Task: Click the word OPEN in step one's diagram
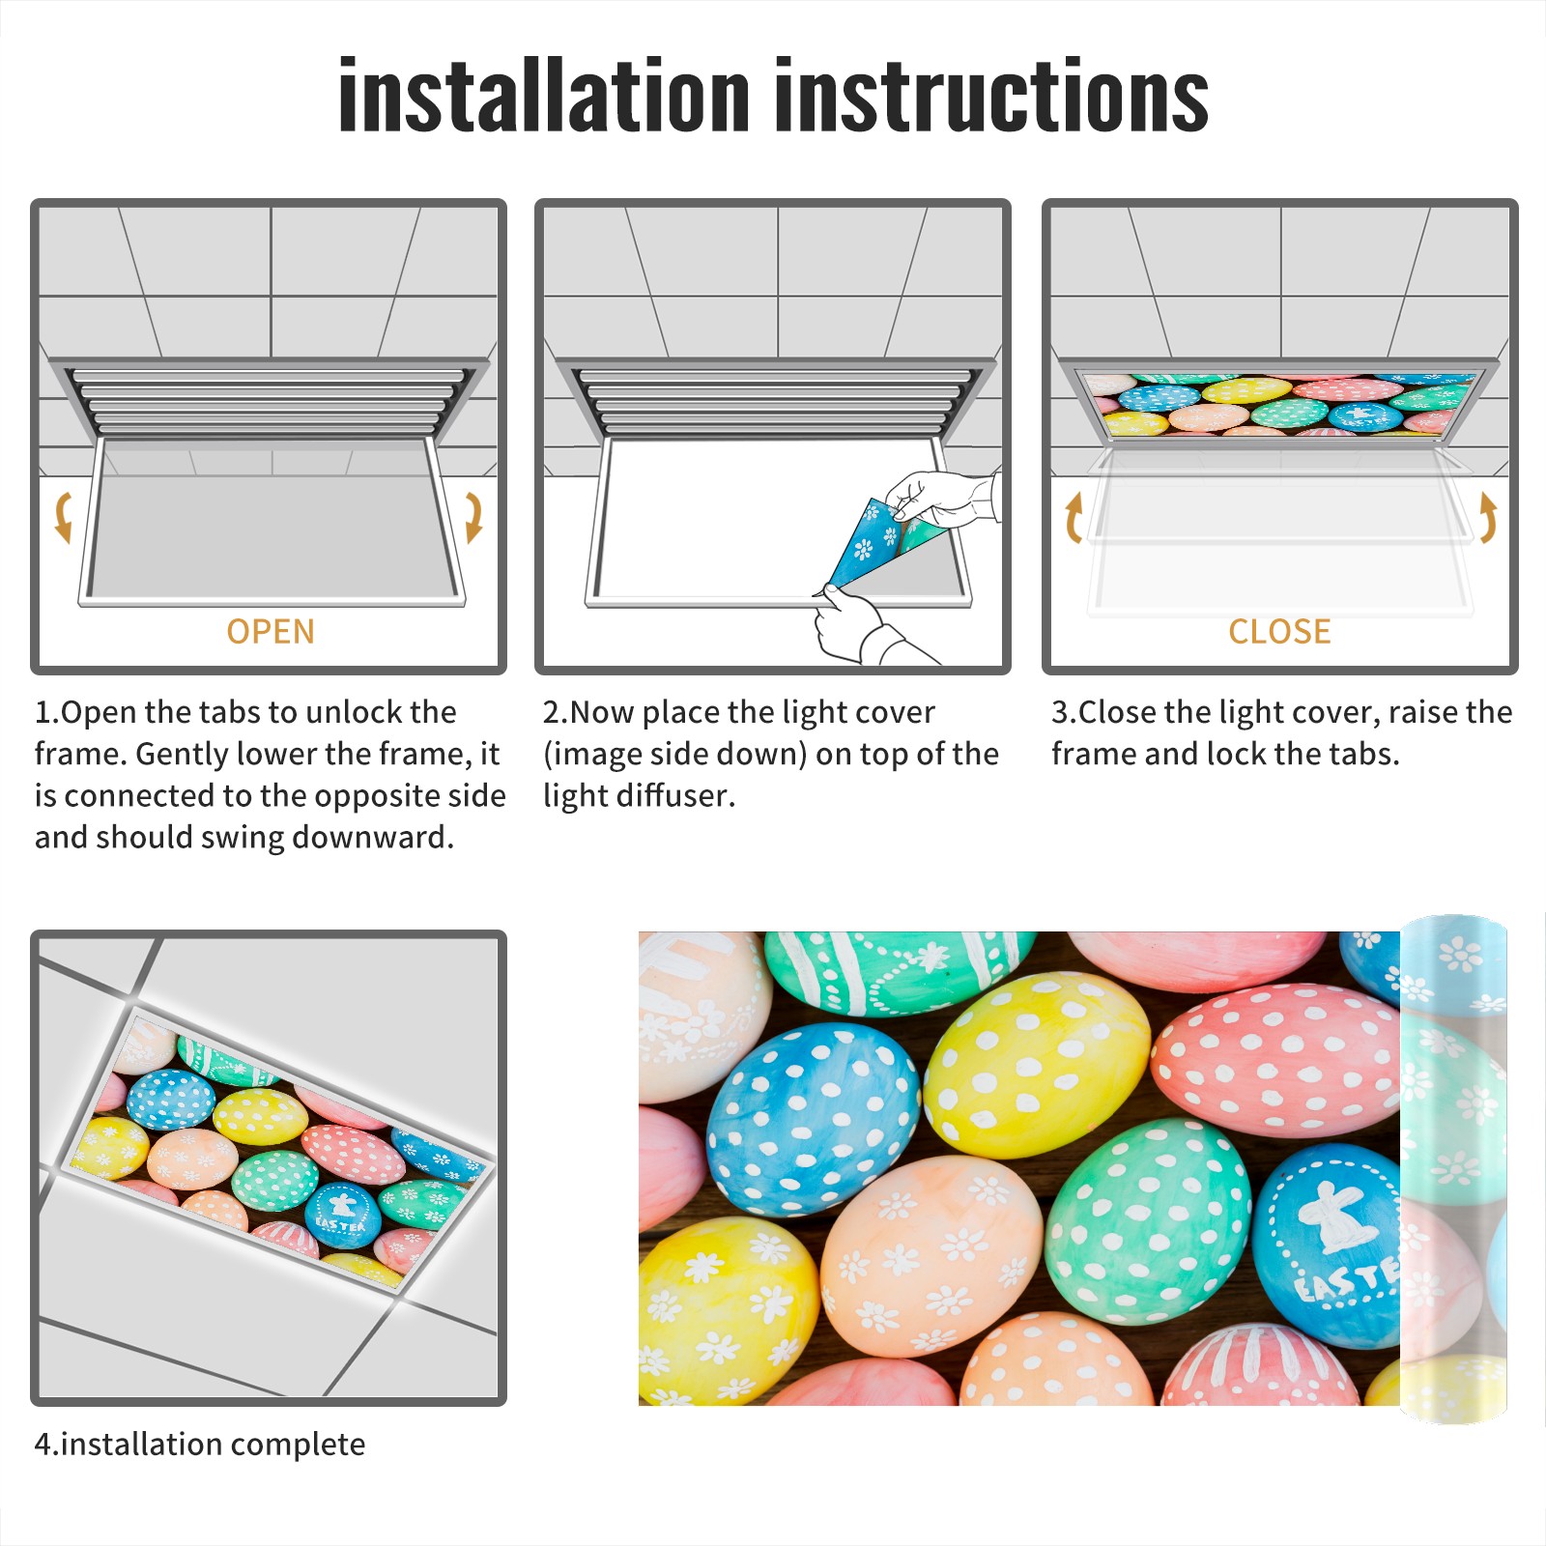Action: point(271,631)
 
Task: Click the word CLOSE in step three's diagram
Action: point(1279,631)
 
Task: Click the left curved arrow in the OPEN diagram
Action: point(63,517)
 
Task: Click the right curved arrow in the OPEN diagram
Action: point(473,517)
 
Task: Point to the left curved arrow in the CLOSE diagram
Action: point(1073,517)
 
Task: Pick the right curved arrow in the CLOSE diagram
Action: point(1488,517)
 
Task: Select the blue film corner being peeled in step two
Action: point(867,541)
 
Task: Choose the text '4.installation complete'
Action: point(200,1444)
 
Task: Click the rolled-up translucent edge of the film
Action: point(1453,1169)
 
